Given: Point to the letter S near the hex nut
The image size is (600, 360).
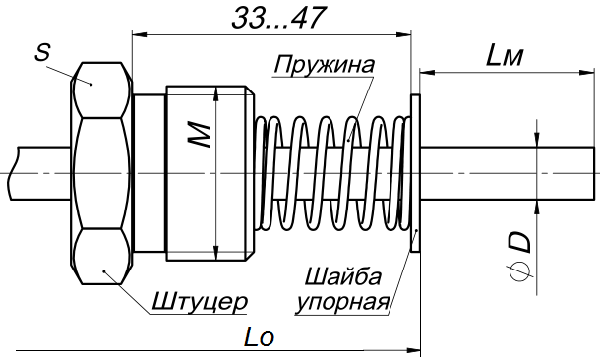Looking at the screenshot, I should (42, 53).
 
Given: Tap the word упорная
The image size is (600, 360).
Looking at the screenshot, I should (345, 299).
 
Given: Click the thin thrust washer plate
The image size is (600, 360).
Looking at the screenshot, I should (414, 173).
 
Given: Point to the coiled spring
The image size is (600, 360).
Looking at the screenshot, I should (330, 173).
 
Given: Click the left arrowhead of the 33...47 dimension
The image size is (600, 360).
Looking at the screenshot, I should (137, 34).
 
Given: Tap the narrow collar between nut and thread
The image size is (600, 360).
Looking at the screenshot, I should (148, 173).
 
